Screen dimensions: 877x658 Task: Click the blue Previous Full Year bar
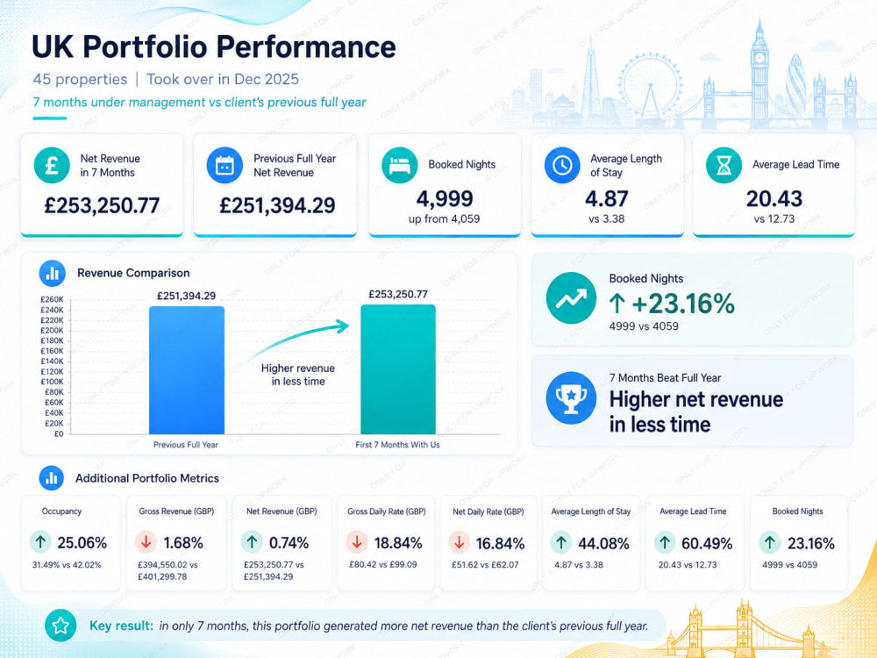click(x=187, y=370)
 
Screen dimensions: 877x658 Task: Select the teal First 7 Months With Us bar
click(x=398, y=369)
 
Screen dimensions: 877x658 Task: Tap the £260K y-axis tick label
click(x=52, y=299)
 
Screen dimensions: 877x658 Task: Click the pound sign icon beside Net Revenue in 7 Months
click(x=52, y=165)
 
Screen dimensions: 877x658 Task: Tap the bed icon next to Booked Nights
click(x=399, y=165)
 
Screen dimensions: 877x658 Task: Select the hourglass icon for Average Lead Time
click(x=724, y=165)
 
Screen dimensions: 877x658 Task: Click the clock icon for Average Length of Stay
click(x=562, y=165)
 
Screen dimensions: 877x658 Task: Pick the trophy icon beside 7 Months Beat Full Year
click(x=571, y=397)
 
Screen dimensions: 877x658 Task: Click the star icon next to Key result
click(x=61, y=625)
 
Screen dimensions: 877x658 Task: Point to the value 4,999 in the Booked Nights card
click(x=445, y=198)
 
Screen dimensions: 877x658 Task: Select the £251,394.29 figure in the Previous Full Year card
click(x=277, y=205)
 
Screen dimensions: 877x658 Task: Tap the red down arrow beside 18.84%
click(x=357, y=542)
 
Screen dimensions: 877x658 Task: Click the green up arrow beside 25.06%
click(x=40, y=542)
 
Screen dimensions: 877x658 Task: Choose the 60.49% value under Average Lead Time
click(x=707, y=543)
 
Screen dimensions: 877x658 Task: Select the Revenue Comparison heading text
click(x=133, y=273)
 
